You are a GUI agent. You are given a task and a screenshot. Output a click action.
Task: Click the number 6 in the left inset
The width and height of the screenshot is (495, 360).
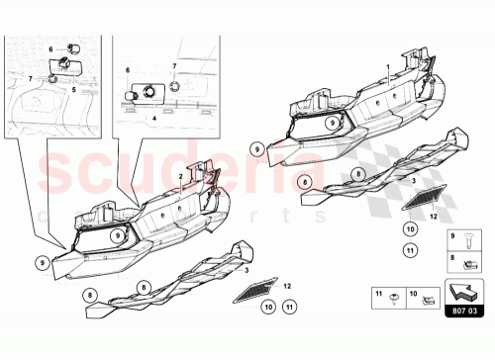point(51,48)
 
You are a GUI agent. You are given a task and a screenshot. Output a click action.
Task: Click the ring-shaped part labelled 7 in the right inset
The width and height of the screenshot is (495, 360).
point(173,85)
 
